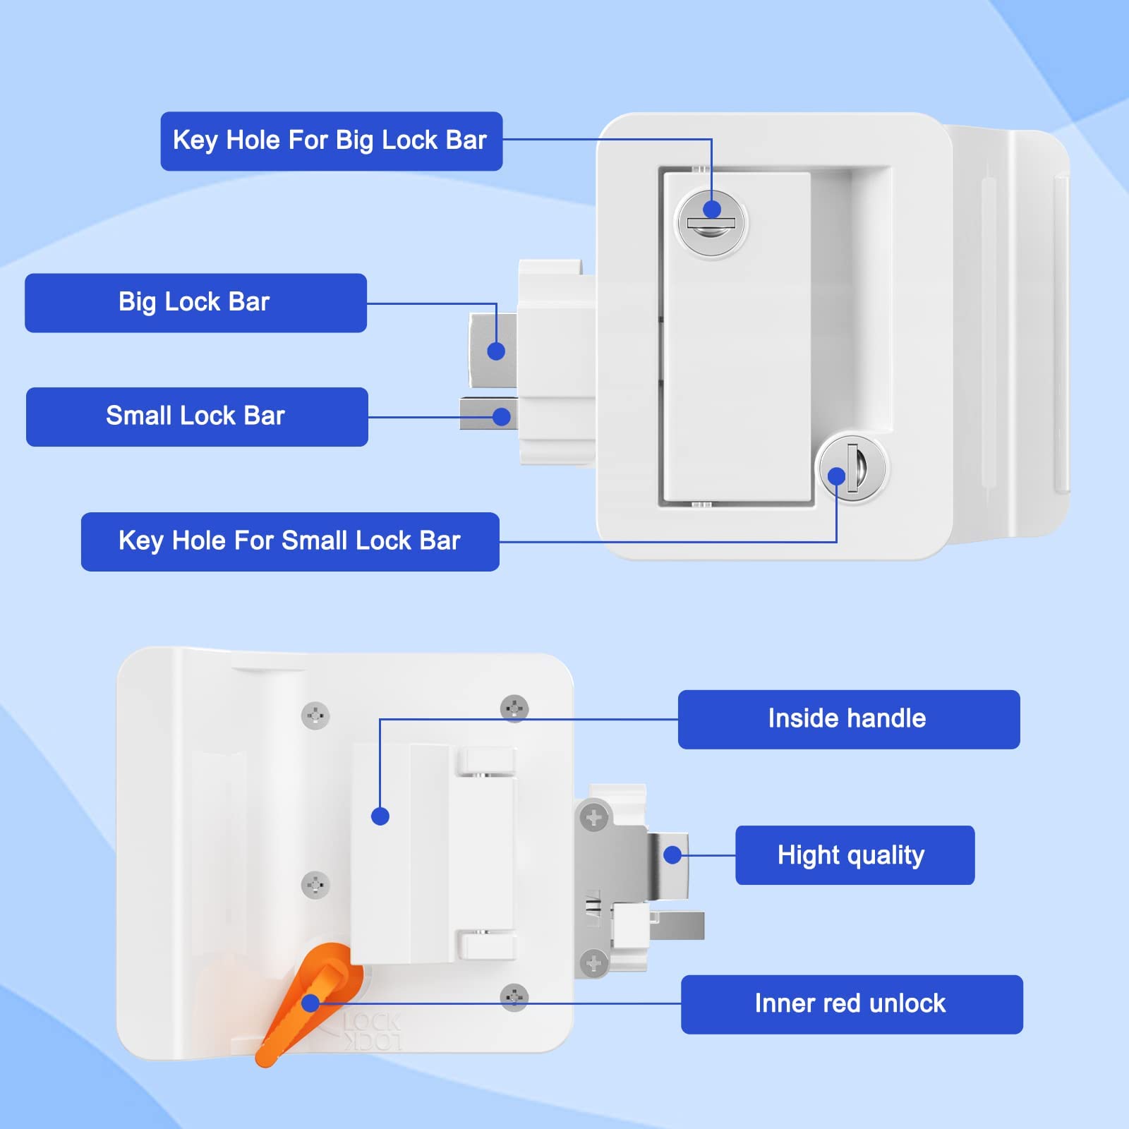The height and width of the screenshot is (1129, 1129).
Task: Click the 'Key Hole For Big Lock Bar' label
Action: click(x=331, y=141)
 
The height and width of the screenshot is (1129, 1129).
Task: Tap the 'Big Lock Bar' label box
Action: click(x=195, y=303)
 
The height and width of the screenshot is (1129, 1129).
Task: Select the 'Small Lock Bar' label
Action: click(x=197, y=416)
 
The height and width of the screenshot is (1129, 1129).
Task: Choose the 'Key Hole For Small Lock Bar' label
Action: click(x=290, y=541)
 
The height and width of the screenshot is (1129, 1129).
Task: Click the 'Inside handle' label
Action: click(x=848, y=719)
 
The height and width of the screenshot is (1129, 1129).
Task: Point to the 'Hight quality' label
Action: click(x=855, y=855)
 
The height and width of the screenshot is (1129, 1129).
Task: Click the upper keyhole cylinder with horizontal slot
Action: click(x=711, y=224)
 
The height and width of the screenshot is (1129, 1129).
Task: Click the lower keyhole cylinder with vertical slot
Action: click(x=852, y=468)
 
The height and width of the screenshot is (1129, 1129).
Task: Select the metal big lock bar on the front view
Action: click(x=493, y=350)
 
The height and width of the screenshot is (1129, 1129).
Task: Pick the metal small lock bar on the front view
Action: click(x=487, y=414)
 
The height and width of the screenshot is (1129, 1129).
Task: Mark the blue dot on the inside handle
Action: click(x=380, y=816)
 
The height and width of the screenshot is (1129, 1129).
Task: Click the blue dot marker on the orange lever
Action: click(x=310, y=1003)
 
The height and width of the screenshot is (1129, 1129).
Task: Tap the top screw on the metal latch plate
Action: click(x=593, y=818)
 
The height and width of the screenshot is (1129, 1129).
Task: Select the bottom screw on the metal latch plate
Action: click(x=593, y=962)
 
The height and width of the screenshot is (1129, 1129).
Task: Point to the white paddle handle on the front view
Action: click(x=736, y=339)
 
